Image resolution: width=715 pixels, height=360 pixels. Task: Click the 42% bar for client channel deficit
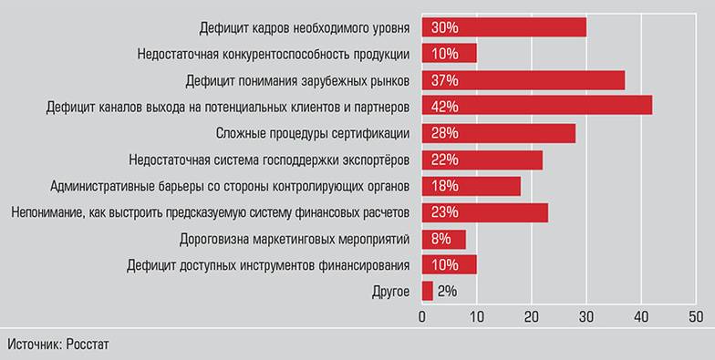coord(536,107)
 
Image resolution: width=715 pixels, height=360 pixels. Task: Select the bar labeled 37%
coord(523,80)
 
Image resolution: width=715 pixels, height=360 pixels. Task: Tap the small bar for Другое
coord(427,293)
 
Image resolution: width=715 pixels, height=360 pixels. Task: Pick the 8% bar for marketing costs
coord(443,240)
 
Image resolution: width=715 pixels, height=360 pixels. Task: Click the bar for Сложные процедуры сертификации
coord(498,133)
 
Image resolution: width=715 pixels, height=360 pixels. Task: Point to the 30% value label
coord(446,27)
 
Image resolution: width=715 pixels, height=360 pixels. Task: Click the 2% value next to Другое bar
coord(447,293)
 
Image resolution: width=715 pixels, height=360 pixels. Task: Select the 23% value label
coord(446,213)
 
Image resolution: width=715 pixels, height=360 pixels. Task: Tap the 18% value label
coord(446,187)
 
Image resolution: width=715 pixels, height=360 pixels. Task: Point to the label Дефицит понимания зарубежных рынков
coord(297,80)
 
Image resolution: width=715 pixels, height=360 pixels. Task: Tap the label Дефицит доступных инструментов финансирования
coord(268,266)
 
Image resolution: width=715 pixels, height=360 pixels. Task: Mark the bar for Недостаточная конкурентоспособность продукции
coord(449,54)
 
